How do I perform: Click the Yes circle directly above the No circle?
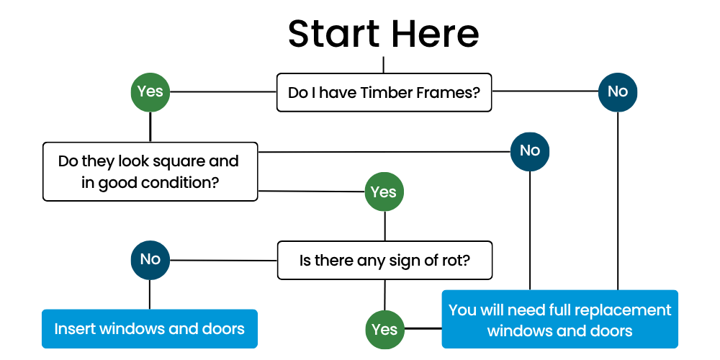tap(150, 92)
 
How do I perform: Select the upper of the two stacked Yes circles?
tap(384, 192)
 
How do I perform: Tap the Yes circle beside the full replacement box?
tap(384, 329)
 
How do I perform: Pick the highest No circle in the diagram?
tap(618, 92)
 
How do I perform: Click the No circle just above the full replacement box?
tap(530, 150)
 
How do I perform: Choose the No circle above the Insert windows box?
tap(150, 259)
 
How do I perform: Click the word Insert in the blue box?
tap(75, 329)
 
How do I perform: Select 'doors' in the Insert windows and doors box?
tap(222, 329)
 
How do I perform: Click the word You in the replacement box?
tap(462, 310)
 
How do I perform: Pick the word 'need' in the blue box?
tap(527, 310)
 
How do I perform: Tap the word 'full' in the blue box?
tap(563, 310)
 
